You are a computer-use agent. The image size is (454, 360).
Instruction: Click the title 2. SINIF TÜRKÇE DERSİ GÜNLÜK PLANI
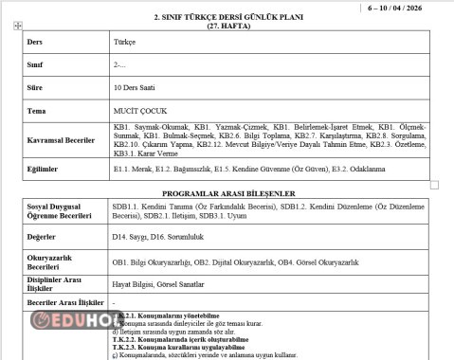click(x=227, y=17)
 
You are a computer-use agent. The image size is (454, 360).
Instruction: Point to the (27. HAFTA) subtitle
click(x=227, y=26)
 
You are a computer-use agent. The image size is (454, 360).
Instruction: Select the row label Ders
click(x=35, y=43)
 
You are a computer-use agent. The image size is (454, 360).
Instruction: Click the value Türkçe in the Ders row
click(x=124, y=43)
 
